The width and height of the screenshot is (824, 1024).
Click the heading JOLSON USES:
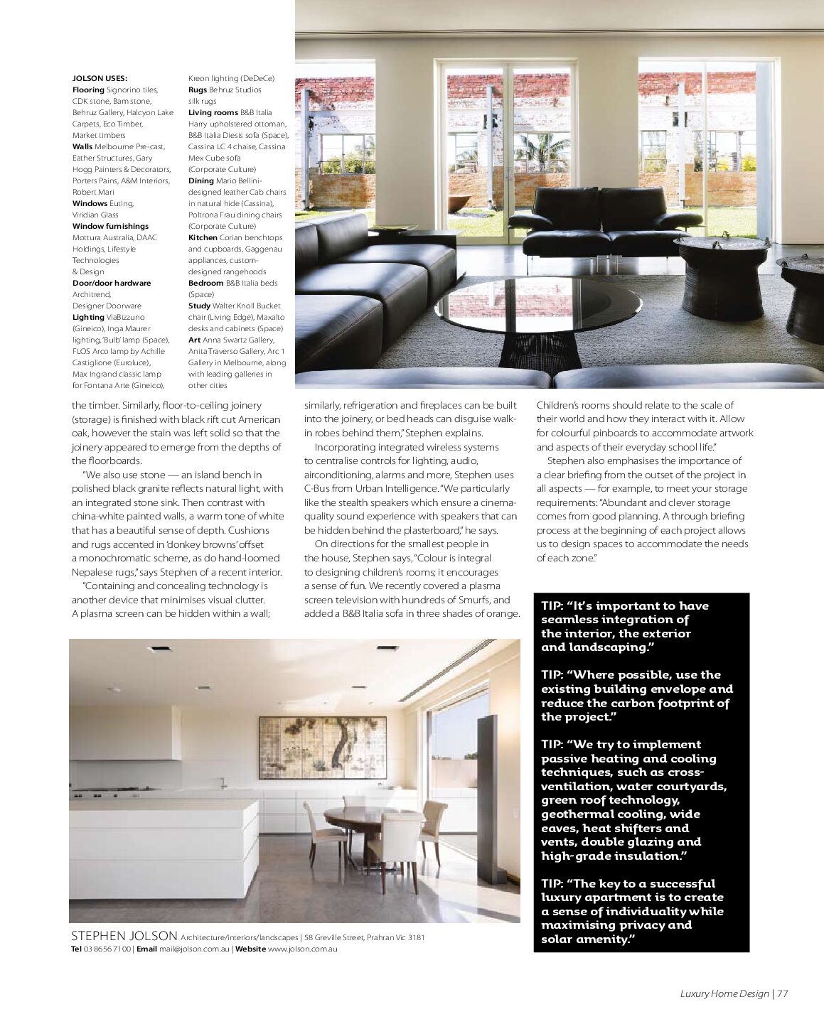tap(100, 78)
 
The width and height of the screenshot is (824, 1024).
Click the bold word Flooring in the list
tap(88, 90)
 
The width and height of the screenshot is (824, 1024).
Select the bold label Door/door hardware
tap(112, 283)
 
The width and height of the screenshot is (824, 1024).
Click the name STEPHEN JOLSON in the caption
tap(124, 936)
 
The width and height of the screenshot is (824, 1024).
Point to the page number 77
tap(783, 993)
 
